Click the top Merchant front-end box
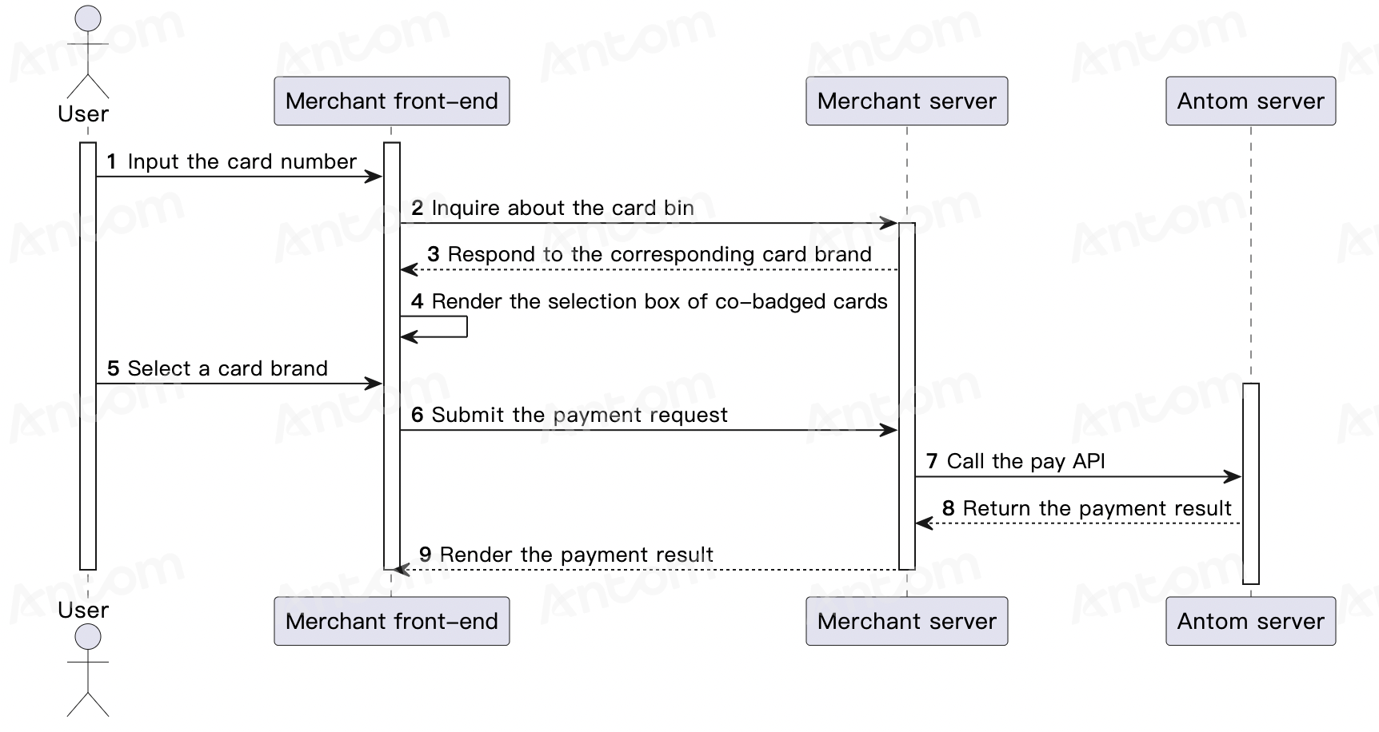(392, 101)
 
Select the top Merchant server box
(907, 101)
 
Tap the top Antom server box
(1251, 101)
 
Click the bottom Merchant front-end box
(392, 621)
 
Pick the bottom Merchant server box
(907, 621)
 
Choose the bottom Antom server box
(1251, 621)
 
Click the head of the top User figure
(88, 19)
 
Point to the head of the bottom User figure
(88, 637)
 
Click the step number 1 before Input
(112, 161)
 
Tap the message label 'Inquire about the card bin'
(563, 209)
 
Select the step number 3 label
(434, 255)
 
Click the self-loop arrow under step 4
(466, 327)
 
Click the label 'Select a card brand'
(228, 368)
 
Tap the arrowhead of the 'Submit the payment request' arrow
(889, 431)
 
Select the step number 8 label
(949, 508)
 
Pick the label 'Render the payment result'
(577, 555)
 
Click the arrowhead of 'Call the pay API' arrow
(1233, 477)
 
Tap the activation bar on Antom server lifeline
(1251, 483)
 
